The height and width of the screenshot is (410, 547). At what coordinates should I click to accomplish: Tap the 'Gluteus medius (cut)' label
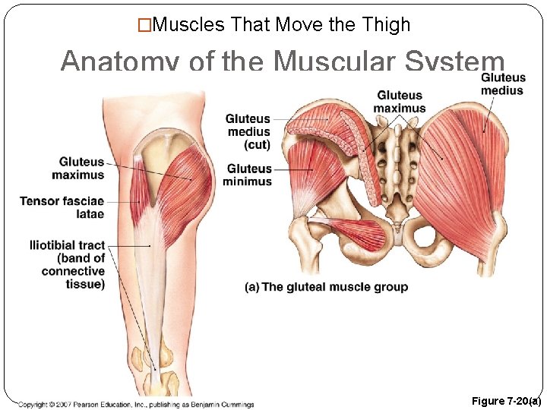248,131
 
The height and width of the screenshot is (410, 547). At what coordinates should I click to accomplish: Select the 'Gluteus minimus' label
248,175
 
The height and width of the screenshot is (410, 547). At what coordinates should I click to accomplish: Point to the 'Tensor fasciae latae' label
62,207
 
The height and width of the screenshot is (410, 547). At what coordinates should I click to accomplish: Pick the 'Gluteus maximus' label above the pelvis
400,102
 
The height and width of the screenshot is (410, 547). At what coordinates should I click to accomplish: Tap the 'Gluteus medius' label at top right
503,84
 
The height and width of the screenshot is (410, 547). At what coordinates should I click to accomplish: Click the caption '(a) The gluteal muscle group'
326,287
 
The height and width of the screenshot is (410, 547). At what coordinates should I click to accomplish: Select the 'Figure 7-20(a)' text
505,401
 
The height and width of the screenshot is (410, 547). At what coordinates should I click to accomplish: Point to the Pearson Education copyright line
137,404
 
